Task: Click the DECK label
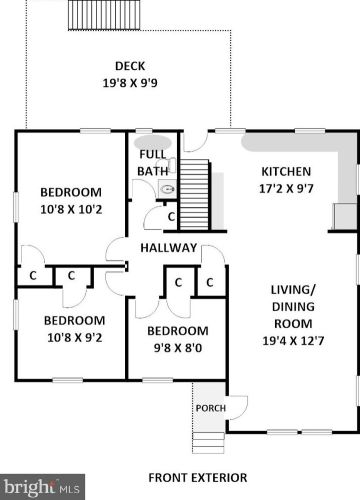coord(131,66)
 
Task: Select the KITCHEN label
coord(285,171)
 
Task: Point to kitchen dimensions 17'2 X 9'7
coord(285,188)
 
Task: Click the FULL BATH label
coord(152,162)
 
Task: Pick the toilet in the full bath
coord(167,187)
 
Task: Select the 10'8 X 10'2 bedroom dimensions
coord(71,210)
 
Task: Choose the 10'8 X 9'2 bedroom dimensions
coord(69,338)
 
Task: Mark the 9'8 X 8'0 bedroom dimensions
coord(178,348)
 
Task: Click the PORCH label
coord(210,407)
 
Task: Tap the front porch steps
coord(208,438)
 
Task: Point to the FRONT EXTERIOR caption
coord(197,477)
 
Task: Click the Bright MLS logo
coord(40,489)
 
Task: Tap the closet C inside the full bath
coord(170,216)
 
